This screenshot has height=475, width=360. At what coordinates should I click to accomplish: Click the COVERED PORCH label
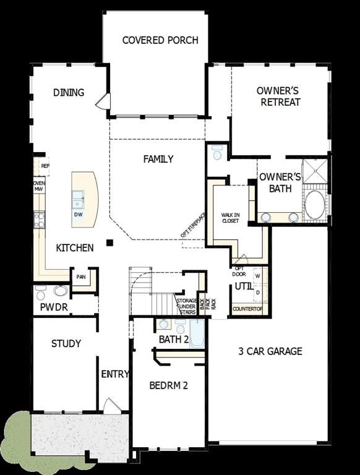pyautogui.click(x=160, y=41)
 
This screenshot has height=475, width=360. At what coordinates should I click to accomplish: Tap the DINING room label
pyautogui.click(x=69, y=93)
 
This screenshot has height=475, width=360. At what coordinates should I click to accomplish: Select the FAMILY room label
pyautogui.click(x=158, y=159)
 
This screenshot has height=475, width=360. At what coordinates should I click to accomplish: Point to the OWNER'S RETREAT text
pyautogui.click(x=280, y=96)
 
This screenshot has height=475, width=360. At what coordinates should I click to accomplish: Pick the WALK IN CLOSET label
pyautogui.click(x=231, y=217)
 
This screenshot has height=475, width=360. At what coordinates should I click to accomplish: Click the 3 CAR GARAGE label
pyautogui.click(x=270, y=351)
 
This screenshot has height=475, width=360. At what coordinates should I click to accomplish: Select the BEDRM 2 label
pyautogui.click(x=169, y=385)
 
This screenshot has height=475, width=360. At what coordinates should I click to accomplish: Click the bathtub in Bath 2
pyautogui.click(x=197, y=335)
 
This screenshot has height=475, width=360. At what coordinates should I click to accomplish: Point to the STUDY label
pyautogui.click(x=66, y=343)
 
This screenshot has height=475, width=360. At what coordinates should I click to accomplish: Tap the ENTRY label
pyautogui.click(x=115, y=374)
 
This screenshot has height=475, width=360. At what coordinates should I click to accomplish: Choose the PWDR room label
pyautogui.click(x=54, y=307)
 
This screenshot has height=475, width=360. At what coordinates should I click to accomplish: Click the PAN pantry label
pyautogui.click(x=81, y=277)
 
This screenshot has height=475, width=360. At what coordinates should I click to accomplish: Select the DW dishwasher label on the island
pyautogui.click(x=79, y=215)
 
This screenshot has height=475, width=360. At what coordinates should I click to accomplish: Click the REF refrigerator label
pyautogui.click(x=45, y=166)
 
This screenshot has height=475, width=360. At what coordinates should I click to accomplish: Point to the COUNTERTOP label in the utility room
pyautogui.click(x=247, y=309)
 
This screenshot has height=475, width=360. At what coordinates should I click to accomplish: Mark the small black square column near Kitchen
pyautogui.click(x=109, y=242)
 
